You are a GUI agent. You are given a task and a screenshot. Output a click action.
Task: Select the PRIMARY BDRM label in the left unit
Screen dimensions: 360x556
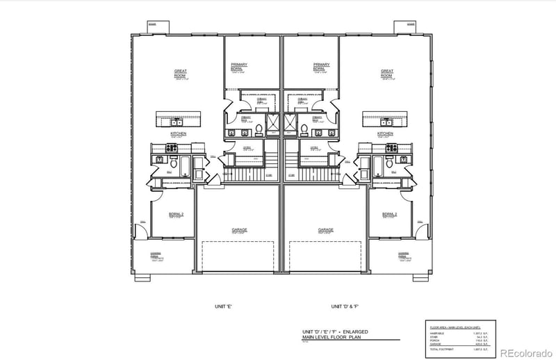point(239,67)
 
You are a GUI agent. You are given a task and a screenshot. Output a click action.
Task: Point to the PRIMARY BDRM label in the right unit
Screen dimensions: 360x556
point(320,67)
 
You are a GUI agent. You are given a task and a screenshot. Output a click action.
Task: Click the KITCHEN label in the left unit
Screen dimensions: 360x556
point(179,133)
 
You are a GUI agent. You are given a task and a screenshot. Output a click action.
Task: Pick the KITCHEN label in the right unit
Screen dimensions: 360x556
point(385,133)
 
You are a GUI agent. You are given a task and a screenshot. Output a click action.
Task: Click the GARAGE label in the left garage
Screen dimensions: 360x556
point(239,229)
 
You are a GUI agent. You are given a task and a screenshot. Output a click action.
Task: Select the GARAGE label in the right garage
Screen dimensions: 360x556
point(326,229)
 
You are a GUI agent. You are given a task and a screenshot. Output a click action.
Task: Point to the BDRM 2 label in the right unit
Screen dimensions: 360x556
point(389,215)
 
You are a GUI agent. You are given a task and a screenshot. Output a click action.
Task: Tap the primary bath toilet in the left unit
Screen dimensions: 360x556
point(258,129)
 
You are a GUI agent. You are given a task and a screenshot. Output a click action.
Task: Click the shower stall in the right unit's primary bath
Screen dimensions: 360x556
point(291,124)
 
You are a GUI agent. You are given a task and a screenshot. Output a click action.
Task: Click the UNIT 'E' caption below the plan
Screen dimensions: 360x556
point(223,306)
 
